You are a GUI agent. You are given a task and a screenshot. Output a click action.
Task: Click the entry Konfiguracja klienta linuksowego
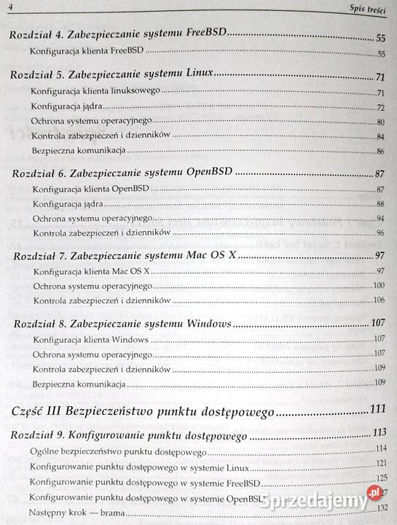95,92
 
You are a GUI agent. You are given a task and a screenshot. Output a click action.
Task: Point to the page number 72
380,107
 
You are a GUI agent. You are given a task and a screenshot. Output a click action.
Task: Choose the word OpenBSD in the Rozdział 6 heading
208,175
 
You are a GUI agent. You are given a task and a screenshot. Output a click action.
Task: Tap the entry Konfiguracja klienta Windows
90,340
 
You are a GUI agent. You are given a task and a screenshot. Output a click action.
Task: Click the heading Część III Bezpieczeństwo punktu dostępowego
144,411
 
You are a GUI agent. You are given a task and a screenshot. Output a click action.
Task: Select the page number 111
377,409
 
